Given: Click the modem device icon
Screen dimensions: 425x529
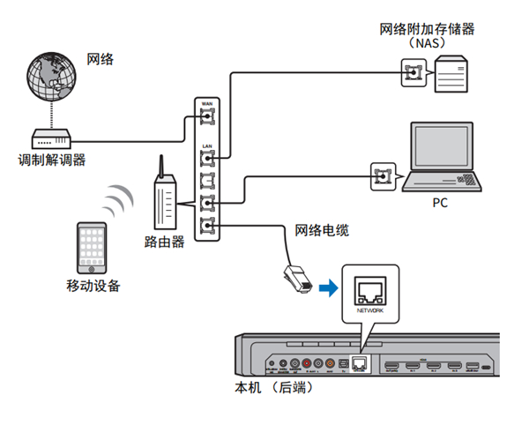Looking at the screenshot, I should [52, 138].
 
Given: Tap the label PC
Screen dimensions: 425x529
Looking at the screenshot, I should [441, 202].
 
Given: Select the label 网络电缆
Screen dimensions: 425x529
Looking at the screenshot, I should [322, 231].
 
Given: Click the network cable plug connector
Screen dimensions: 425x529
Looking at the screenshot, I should [296, 277].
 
